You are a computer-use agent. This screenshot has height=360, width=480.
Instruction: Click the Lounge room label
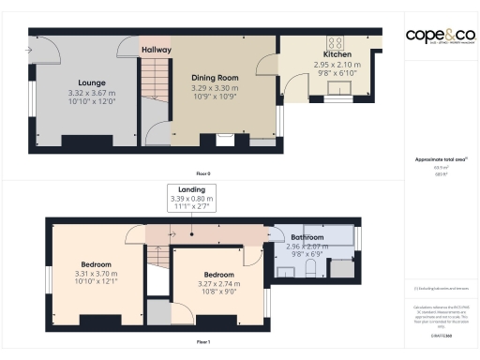(92, 82)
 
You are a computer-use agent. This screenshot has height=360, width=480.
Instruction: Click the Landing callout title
(191, 189)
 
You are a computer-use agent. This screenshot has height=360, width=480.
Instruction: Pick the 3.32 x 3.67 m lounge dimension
(92, 93)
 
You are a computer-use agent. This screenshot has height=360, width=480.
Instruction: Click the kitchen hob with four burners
(335, 42)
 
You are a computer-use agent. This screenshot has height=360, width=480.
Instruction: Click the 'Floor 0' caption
(203, 173)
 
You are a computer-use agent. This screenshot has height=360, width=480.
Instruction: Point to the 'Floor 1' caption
(203, 342)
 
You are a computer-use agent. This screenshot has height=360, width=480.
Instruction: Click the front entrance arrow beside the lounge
(30, 49)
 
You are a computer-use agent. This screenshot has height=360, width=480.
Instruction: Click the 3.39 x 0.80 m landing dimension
(191, 199)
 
